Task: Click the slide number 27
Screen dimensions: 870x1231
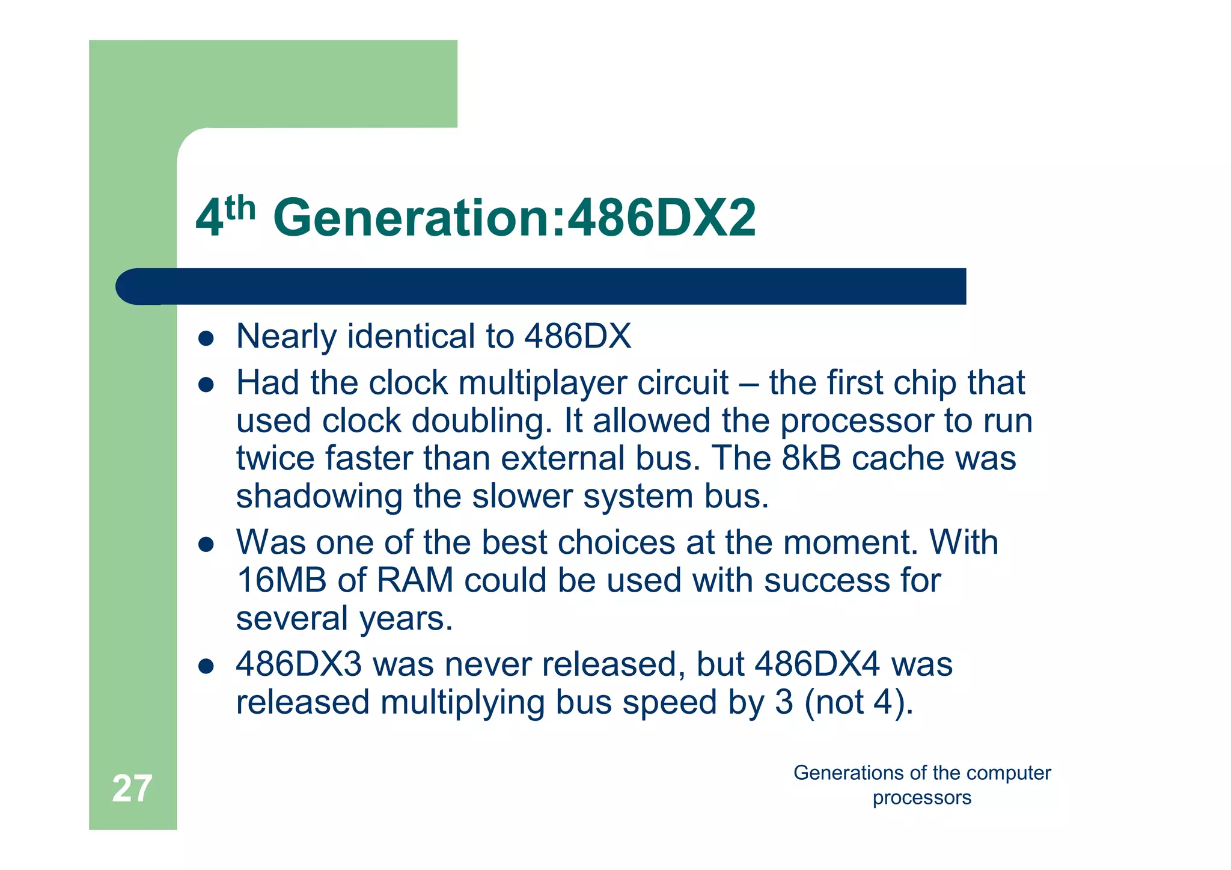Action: coord(132,788)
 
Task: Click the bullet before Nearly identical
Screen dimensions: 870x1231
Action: coord(206,339)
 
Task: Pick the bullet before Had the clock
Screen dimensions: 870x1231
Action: coord(206,385)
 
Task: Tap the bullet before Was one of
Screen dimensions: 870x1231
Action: coord(206,545)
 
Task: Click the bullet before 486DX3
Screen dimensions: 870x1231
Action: coord(206,667)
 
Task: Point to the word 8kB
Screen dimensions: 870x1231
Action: coord(811,458)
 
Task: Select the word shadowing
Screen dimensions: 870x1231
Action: coord(319,497)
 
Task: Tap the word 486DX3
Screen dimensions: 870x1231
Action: coord(299,665)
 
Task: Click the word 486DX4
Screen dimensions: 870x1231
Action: coord(817,665)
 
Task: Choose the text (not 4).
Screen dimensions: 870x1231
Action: coord(858,702)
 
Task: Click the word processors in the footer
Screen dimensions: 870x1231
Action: coord(921,798)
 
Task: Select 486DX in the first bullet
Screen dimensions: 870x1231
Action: coord(578,336)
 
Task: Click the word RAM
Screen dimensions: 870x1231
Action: coord(415,581)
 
